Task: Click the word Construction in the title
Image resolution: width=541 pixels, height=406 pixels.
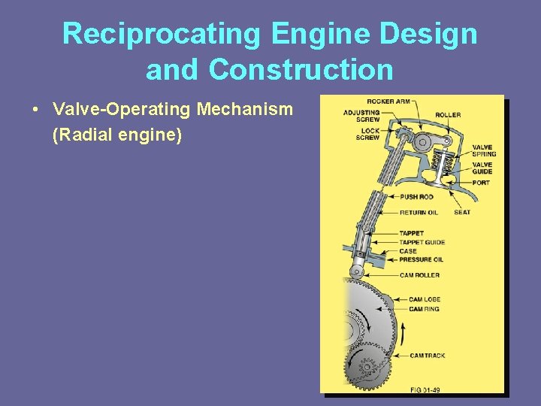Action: [301, 70]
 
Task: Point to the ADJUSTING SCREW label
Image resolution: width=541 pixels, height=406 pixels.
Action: [361, 116]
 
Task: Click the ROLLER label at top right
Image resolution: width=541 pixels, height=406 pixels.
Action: [448, 115]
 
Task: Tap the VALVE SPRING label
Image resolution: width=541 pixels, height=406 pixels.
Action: [483, 150]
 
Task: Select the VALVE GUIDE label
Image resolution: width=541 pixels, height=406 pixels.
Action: [482, 168]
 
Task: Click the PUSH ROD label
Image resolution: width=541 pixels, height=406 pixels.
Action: [416, 197]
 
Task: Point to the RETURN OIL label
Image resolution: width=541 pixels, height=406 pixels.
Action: [418, 213]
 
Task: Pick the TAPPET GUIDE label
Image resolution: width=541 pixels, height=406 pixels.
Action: [422, 242]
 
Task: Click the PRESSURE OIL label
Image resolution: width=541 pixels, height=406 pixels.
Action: [421, 260]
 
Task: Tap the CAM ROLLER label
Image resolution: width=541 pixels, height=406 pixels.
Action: [419, 275]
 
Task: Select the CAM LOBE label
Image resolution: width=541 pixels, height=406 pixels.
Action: [424, 299]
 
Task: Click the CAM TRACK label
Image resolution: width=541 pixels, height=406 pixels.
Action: [427, 356]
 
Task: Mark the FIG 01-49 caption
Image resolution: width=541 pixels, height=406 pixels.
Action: [426, 389]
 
